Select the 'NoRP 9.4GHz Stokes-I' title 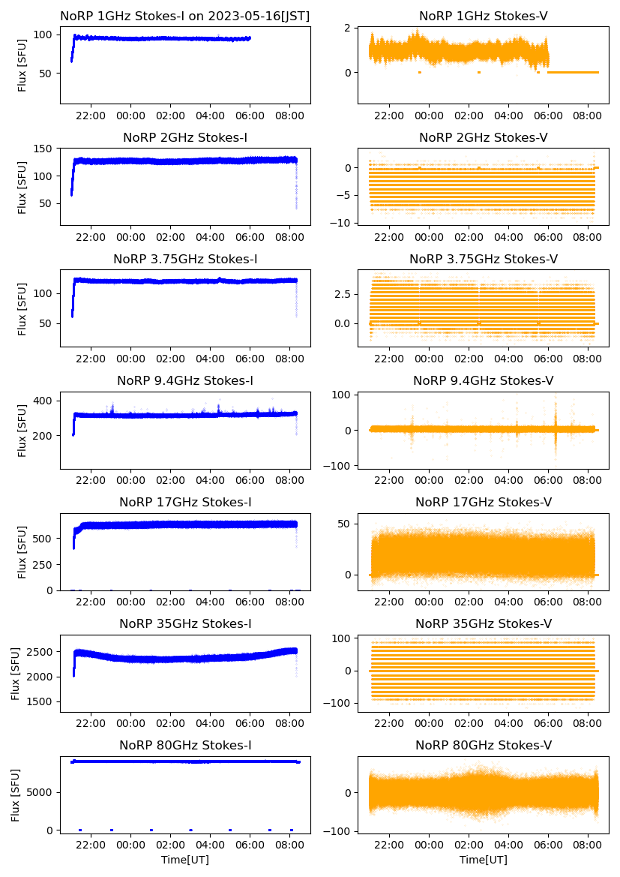[185, 381]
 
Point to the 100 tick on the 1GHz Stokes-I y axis [46, 35]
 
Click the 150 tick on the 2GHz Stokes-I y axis [46, 149]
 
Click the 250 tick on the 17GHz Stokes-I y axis [46, 564]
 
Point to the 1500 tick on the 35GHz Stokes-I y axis [43, 702]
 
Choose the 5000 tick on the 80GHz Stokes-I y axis [43, 792]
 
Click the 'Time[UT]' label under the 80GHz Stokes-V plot [483, 860]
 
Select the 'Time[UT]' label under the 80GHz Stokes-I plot [185, 860]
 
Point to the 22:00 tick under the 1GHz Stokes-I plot [91, 116]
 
